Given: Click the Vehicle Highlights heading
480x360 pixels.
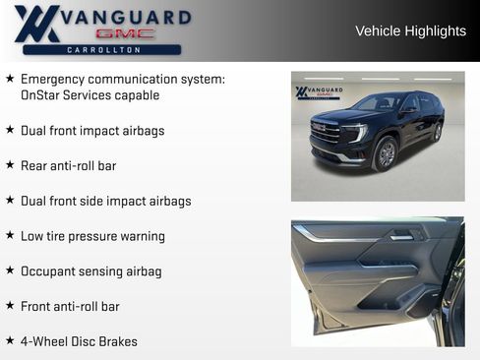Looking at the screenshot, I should (410, 31).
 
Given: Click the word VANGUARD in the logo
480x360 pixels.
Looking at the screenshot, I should (125, 16).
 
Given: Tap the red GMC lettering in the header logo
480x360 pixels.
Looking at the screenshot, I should (125, 32).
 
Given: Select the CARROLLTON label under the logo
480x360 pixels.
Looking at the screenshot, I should (102, 49).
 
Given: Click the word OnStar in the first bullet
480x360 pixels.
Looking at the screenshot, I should (42, 95).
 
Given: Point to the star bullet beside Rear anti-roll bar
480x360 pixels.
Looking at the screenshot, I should (10, 165).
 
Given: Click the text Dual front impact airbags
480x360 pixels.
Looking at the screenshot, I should (92, 131).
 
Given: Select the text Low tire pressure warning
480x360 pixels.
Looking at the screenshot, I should (92, 236).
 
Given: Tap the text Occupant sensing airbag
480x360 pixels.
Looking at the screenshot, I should (90, 271).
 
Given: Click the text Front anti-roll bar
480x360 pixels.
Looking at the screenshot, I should (70, 307).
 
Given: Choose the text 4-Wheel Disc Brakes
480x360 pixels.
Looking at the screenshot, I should (79, 341).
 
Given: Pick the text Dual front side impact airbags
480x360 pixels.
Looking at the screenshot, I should (105, 201).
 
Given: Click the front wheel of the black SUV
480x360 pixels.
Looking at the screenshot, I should (386, 154).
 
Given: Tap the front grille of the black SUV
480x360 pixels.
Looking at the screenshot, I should (326, 132).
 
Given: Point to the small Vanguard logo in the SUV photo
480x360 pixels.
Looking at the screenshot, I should (319, 92).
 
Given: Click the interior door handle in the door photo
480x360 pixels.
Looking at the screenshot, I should (401, 235).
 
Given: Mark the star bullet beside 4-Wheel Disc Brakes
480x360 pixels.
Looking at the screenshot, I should (10, 341).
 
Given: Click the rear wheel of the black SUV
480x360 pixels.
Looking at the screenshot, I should (437, 132).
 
